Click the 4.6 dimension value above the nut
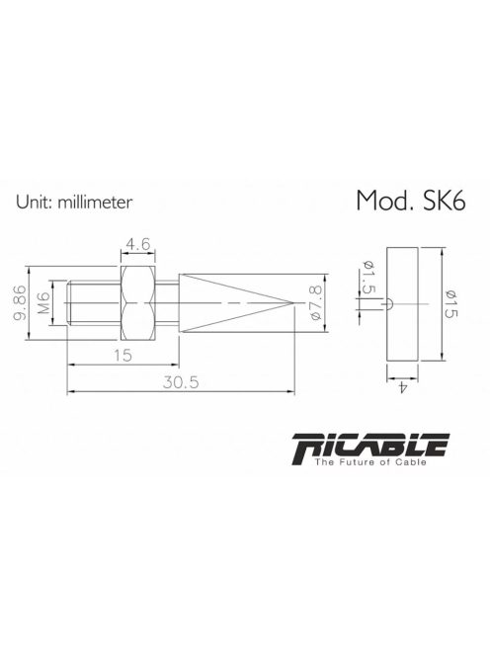pos(137,242)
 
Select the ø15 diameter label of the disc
pos(444,301)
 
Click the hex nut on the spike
pos(137,301)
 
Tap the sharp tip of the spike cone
pos(295,301)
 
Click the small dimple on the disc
pos(391,302)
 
